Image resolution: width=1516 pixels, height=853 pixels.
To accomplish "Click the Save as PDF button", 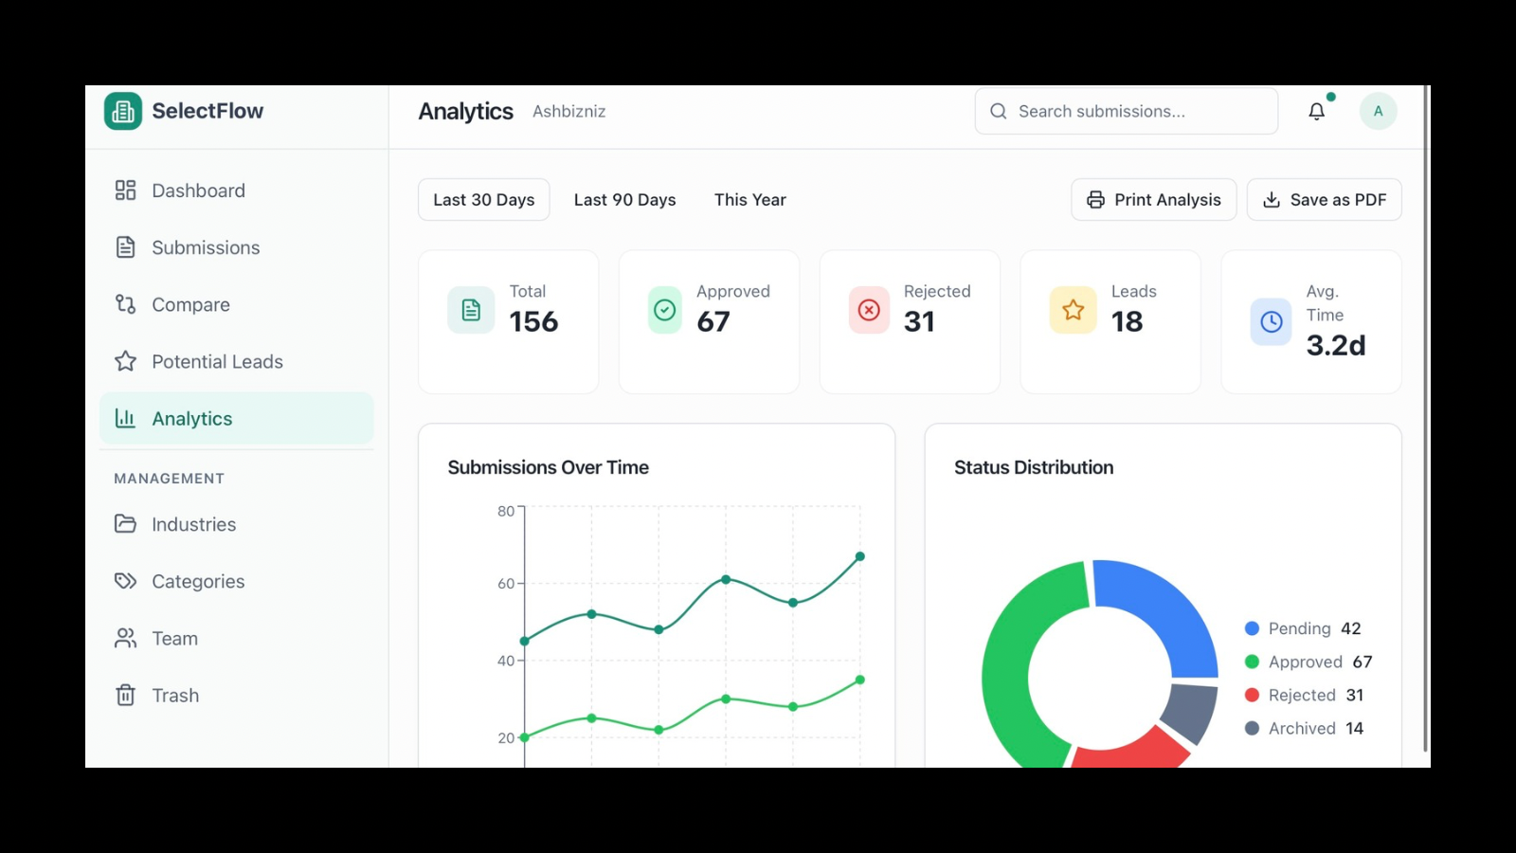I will tap(1324, 200).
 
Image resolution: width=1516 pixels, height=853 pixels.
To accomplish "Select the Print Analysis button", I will tap(1153, 200).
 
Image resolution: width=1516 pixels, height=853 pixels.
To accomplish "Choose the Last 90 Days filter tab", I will tap(624, 200).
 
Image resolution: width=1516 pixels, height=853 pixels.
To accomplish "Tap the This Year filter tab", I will tap(749, 200).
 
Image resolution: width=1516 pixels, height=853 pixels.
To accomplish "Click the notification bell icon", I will tap(1316, 112).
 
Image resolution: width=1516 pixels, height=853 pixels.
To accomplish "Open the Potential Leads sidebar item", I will tap(217, 362).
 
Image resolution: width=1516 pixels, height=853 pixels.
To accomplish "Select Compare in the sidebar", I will tap(190, 305).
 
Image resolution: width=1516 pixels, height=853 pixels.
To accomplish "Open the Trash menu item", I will tap(175, 696).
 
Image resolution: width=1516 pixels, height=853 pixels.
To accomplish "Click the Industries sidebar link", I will tap(193, 525).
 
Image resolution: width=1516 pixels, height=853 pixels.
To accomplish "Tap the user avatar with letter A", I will tap(1378, 112).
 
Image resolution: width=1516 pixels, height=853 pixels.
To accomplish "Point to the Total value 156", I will tap(533, 322).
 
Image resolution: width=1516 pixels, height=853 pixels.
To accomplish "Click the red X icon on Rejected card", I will tap(869, 310).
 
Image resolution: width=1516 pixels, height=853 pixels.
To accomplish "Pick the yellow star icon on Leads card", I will tap(1073, 310).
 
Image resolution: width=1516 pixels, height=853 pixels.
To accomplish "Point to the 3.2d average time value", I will tap(1335, 346).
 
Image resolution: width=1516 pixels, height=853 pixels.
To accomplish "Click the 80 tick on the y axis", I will tap(506, 512).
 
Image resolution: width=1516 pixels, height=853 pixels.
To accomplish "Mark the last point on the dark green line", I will tap(860, 556).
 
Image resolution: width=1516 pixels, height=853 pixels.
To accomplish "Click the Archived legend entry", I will tap(1303, 729).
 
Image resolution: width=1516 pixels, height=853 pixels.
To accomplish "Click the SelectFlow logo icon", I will tap(123, 112).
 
